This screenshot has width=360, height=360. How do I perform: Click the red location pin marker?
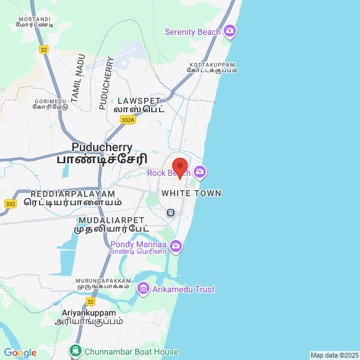[180, 167]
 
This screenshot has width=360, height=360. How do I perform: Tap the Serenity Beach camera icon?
[229, 31]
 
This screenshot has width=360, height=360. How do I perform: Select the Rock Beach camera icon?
[199, 173]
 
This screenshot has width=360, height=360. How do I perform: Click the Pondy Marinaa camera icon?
[176, 245]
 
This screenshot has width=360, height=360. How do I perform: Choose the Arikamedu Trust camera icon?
[143, 289]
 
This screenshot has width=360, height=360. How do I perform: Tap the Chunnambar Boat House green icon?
[76, 350]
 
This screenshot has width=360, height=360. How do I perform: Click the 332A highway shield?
[127, 120]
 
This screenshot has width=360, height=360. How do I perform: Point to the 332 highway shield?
[10, 204]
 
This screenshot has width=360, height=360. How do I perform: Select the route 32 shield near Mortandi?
[43, 50]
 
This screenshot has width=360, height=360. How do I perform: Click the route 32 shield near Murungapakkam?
[90, 301]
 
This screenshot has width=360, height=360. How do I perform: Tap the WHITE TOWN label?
[191, 193]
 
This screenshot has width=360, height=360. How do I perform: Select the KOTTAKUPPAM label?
[212, 64]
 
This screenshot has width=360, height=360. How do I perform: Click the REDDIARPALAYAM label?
[73, 194]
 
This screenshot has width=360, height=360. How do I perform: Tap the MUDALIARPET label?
[112, 220]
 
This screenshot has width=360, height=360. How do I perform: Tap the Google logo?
[20, 353]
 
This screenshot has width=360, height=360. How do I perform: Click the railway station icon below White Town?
[171, 212]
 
